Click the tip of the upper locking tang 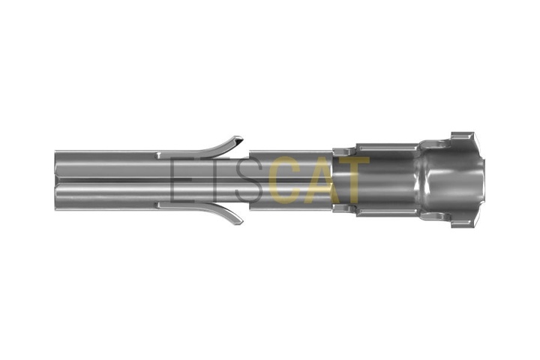tap(242, 139)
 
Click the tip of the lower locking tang tap(241, 223)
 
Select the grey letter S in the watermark tap(249, 179)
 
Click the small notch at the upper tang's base tap(159, 154)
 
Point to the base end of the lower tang tap(160, 205)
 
